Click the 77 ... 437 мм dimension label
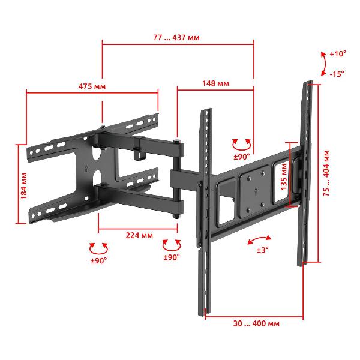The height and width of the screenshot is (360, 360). (176, 37)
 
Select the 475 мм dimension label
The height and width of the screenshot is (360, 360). (92, 86)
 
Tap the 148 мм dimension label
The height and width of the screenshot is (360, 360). (215, 83)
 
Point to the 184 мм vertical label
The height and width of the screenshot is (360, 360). (23, 186)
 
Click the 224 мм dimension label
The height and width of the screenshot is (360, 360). (139, 235)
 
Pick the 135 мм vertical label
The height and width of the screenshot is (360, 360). (284, 176)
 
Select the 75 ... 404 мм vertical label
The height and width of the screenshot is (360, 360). (326, 173)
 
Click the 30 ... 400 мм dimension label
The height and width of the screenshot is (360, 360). (256, 323)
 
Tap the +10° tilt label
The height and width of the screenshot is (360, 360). (338, 54)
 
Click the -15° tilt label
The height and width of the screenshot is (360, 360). (337, 74)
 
